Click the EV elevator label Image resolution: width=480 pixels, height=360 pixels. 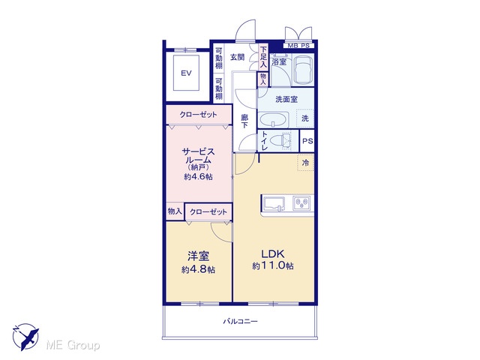tap(186, 73)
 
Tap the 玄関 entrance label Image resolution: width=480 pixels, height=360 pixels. tap(238, 57)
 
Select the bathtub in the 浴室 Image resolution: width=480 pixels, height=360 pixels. tap(303, 70)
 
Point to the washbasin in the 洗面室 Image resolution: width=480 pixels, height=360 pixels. tap(273, 120)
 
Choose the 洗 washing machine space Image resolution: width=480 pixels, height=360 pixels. tap(305, 118)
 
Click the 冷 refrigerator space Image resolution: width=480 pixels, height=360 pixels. tap(305, 163)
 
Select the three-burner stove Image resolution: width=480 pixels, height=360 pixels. tap(301, 203)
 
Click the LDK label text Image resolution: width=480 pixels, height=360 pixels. tap(272, 253)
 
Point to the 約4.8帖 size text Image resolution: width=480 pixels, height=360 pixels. tap(198, 270)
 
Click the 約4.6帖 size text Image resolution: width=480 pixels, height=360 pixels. tap(198, 177)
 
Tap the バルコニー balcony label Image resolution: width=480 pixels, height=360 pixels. tap(240, 322)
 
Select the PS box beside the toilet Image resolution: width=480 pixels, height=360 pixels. tap(307, 141)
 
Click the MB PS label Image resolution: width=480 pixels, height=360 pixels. tap(298, 46)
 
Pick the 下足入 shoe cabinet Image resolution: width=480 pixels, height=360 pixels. tap(263, 57)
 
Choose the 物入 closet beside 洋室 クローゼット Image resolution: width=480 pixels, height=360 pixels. tap(175, 211)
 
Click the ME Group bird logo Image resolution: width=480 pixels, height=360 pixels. tap(25, 337)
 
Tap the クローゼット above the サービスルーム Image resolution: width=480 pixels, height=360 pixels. tap(198, 115)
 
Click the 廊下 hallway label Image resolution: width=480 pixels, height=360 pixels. tap(244, 121)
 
